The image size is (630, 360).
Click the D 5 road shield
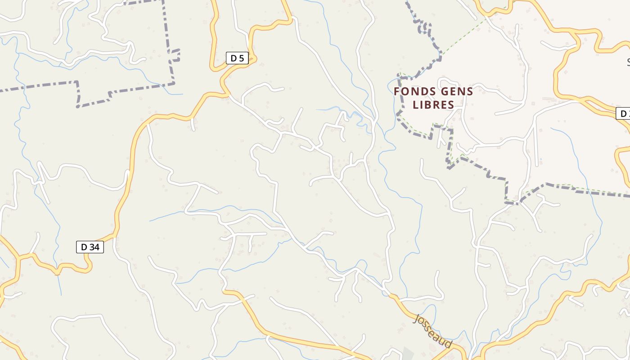[x=237, y=58]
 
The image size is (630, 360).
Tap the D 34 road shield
[x=90, y=247]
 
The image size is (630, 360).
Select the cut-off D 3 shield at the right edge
[x=624, y=113]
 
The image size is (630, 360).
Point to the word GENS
[x=457, y=92]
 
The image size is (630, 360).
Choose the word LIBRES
[x=433, y=105]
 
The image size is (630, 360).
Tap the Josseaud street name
[x=432, y=331]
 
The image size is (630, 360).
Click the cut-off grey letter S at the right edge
[x=628, y=62]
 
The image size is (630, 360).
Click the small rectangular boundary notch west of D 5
[x=176, y=55]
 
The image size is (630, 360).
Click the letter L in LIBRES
[x=415, y=105]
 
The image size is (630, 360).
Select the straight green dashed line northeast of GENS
[x=463, y=38]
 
